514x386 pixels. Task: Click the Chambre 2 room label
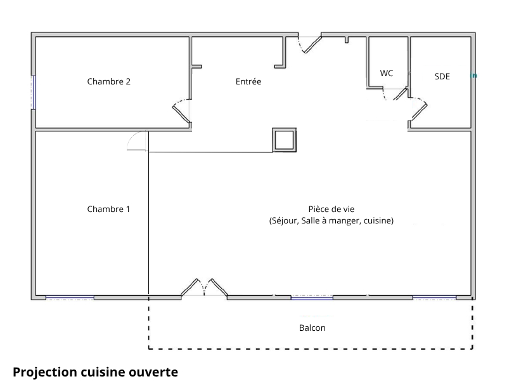109,81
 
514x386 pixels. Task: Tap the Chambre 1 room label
108,209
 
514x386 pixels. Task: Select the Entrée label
248,81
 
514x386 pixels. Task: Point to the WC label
387,73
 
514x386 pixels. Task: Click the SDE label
442,76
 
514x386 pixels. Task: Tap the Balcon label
312,328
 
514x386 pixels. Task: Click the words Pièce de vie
331,209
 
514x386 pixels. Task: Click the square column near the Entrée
284,140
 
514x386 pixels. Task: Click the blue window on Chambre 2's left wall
34,93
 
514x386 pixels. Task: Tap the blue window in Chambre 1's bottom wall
70,298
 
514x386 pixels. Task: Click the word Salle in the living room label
311,220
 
